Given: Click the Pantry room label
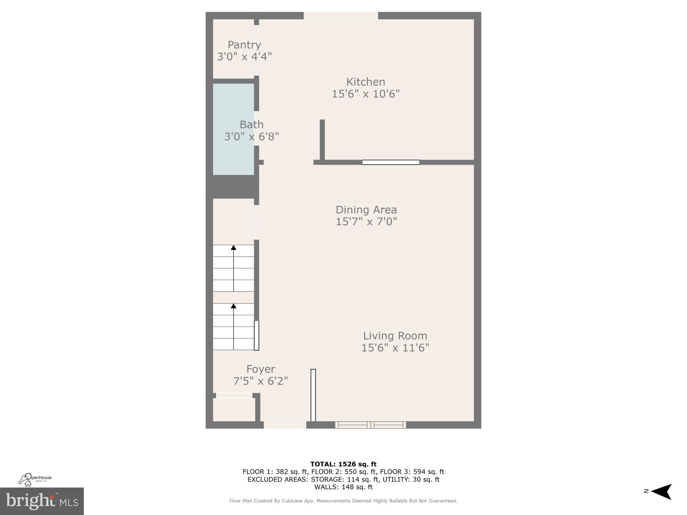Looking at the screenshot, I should (x=244, y=45).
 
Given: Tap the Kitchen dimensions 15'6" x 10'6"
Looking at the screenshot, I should (x=365, y=94).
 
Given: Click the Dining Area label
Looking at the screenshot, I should (x=366, y=209).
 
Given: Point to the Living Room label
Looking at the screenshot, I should (x=395, y=335).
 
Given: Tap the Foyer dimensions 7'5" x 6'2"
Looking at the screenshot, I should (x=260, y=381).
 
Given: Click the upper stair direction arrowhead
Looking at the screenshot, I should (x=234, y=248).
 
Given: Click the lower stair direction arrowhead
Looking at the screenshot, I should (x=234, y=306).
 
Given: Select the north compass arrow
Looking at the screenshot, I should (x=661, y=492).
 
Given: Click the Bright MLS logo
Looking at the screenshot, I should (x=42, y=501).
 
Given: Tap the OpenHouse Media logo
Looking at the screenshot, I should (x=35, y=480).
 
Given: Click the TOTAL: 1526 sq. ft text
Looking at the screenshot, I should (x=343, y=464).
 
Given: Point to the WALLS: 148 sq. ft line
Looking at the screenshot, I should (x=343, y=487).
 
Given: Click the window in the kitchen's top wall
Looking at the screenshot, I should (x=341, y=15).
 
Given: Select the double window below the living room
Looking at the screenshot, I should (x=370, y=425).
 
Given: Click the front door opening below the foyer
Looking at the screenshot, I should (x=285, y=425).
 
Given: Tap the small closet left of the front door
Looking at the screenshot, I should (x=234, y=409).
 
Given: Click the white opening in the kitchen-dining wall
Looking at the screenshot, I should (x=391, y=162).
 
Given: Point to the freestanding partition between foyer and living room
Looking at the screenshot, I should (x=313, y=395).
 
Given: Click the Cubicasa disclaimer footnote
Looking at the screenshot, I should (x=343, y=501).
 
